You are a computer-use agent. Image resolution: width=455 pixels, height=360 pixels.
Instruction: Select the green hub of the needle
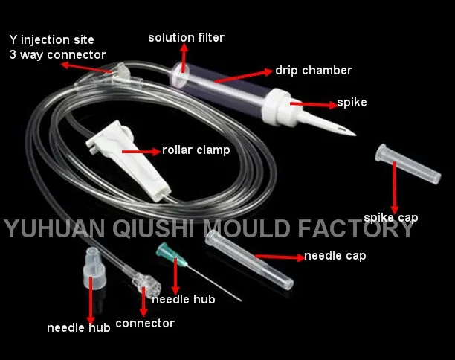coord(169,254)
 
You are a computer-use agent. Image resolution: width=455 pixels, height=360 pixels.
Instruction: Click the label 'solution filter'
coord(186,37)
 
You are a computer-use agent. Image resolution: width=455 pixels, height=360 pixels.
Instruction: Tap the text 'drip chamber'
coord(313,71)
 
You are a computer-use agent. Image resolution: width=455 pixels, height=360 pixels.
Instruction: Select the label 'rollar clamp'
coord(196,150)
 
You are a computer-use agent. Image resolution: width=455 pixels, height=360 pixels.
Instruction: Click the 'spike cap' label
coord(390,218)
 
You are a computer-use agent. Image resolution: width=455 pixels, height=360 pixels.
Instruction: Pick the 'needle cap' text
coord(335,257)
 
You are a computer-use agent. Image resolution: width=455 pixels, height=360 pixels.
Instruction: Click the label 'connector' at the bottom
coord(145,323)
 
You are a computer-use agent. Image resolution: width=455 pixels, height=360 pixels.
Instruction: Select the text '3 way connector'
coord(57,54)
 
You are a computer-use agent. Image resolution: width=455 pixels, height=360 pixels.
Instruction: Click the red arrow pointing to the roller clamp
coord(141,150)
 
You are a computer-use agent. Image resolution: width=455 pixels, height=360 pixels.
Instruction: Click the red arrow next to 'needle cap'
coord(279,257)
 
